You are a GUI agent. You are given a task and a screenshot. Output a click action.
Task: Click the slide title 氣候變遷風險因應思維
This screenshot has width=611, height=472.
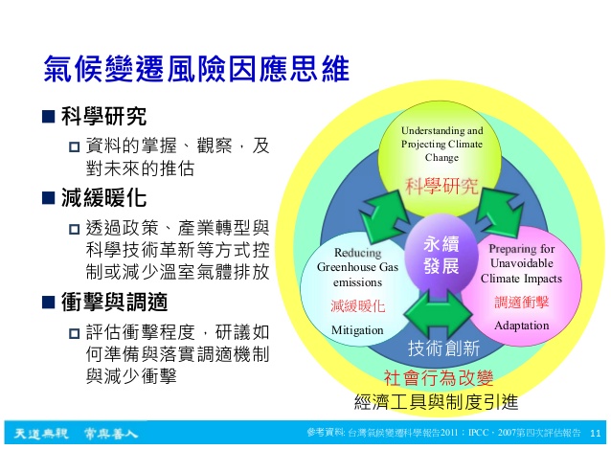[196, 69]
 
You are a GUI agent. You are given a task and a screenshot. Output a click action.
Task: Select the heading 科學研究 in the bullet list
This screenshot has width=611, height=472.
[103, 116]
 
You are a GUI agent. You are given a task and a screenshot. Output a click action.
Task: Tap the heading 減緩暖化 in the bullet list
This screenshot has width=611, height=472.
[103, 197]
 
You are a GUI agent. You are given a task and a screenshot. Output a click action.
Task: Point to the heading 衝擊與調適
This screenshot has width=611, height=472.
[115, 303]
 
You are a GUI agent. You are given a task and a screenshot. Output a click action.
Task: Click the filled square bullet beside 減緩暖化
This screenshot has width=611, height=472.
[48, 198]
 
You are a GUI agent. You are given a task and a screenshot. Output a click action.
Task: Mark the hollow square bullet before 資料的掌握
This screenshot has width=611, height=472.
[74, 146]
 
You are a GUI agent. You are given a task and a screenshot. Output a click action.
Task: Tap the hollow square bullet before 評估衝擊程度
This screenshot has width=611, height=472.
[74, 333]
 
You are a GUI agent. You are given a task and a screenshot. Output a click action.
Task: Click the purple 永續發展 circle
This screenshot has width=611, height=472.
[441, 255]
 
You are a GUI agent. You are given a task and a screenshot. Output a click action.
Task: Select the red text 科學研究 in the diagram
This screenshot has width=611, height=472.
[441, 186]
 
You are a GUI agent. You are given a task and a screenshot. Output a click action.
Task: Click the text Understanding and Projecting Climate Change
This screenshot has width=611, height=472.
[441, 144]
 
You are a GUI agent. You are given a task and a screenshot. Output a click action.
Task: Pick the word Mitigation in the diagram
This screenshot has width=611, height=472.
[357, 330]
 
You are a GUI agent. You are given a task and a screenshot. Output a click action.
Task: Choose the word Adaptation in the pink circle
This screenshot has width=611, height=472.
[521, 326]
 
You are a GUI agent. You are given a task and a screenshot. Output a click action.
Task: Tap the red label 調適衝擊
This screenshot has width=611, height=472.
[521, 302]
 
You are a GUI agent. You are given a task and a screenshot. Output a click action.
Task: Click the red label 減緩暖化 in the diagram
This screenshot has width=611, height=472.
[358, 306]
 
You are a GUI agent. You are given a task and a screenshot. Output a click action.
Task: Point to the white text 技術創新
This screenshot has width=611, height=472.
[443, 348]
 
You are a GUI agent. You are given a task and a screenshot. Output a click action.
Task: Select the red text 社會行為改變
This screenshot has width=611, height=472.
[439, 377]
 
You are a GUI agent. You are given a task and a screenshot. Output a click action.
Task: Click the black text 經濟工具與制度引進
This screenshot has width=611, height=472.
[437, 401]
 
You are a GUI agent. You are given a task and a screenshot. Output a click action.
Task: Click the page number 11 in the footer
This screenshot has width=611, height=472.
[596, 433]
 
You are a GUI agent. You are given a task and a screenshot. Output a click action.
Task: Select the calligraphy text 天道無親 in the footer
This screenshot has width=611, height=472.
[41, 433]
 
